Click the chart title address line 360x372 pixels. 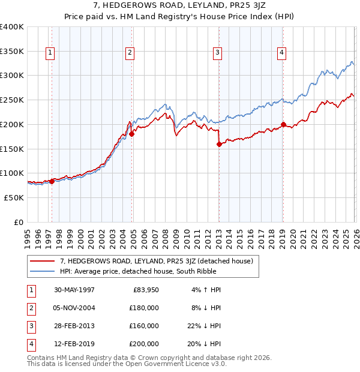(180, 6)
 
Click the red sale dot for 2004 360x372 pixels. (132, 134)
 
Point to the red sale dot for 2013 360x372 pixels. (219, 144)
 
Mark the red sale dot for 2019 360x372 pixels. (283, 125)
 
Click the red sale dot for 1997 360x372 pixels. (52, 181)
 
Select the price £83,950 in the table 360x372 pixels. (144, 289)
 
